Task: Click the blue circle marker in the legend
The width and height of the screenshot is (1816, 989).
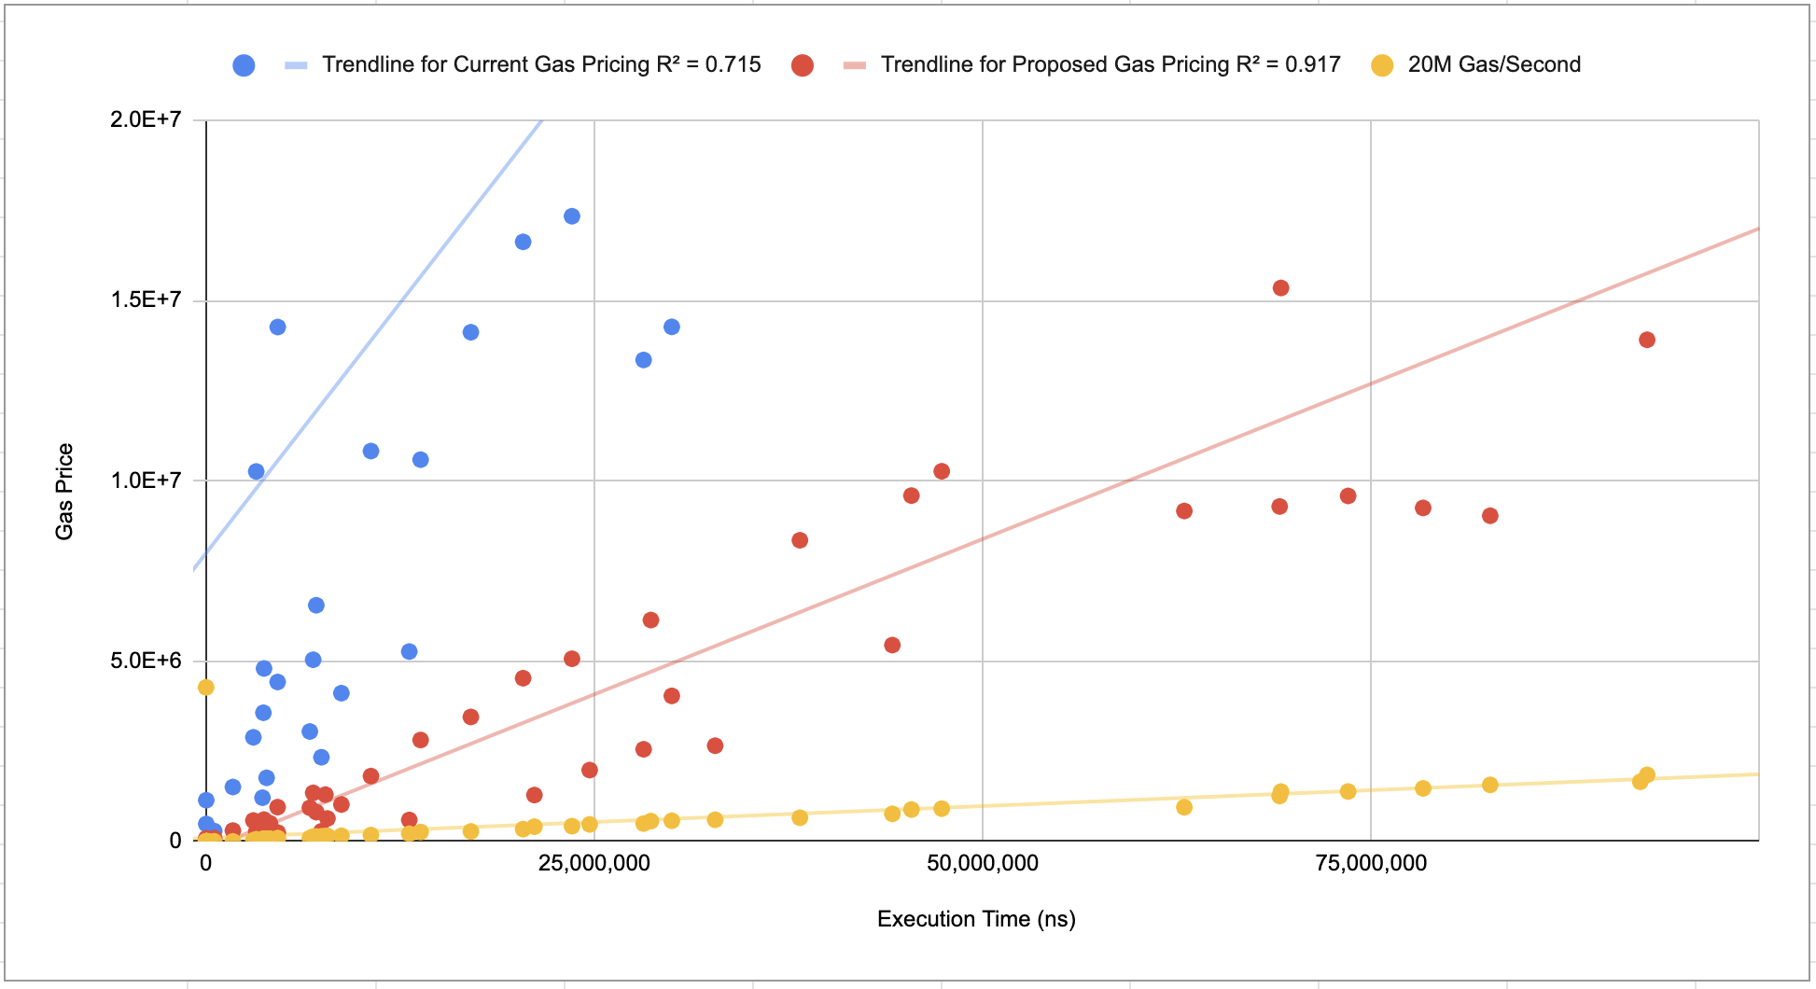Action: pyautogui.click(x=244, y=65)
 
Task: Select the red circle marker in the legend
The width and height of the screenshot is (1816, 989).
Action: pyautogui.click(x=802, y=65)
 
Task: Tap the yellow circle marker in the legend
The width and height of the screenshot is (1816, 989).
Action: pyautogui.click(x=1382, y=65)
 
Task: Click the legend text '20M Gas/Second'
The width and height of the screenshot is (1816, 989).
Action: pyautogui.click(x=1494, y=64)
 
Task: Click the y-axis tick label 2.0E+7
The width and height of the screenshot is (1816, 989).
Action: pyautogui.click(x=146, y=119)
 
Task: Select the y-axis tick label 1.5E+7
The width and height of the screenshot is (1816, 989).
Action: pyautogui.click(x=146, y=299)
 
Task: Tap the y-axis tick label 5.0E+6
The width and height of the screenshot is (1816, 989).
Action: pyautogui.click(x=146, y=661)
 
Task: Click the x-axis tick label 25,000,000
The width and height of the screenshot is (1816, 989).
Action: pyautogui.click(x=594, y=863)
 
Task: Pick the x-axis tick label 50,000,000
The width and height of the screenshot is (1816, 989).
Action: pyautogui.click(x=983, y=863)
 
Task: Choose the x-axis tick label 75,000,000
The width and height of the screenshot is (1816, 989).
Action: pyautogui.click(x=1371, y=863)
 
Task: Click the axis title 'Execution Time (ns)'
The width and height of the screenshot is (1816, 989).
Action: pyautogui.click(x=976, y=919)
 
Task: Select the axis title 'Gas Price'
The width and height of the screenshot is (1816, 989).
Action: pyautogui.click(x=64, y=492)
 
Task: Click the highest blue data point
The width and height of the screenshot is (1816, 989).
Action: pyautogui.click(x=572, y=216)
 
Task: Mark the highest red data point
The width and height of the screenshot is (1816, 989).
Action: pyautogui.click(x=1281, y=288)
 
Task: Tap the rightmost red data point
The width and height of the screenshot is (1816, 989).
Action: pyautogui.click(x=1647, y=340)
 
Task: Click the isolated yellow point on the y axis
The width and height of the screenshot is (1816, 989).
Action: pyautogui.click(x=206, y=688)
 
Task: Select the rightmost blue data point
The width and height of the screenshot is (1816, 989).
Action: pyautogui.click(x=672, y=327)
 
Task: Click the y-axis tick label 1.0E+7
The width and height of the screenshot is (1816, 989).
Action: pyautogui.click(x=146, y=481)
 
